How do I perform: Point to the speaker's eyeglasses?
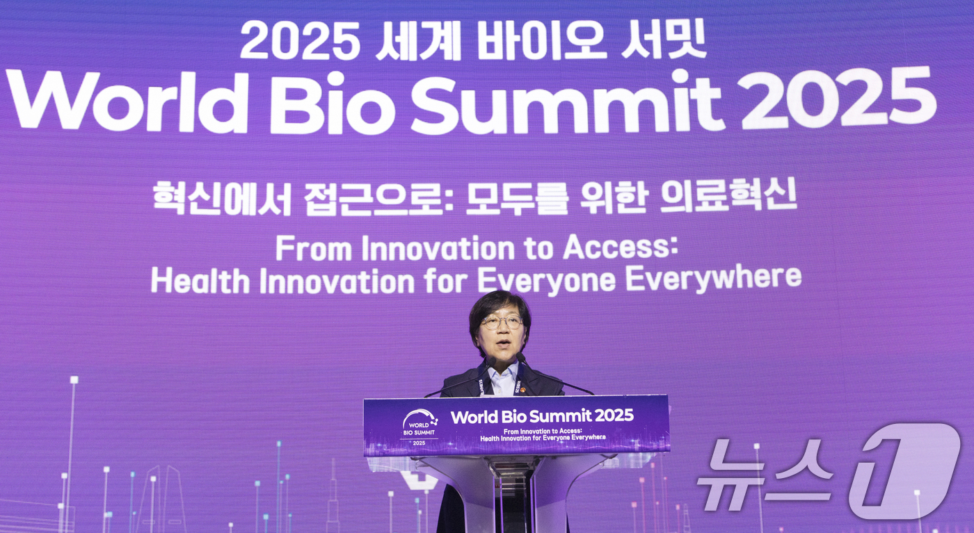[502, 322]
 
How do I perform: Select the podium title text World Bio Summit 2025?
[542, 416]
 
